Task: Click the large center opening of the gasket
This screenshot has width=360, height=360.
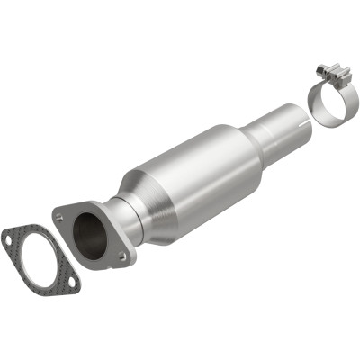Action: click(38, 262)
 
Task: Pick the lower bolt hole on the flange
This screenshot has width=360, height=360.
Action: click(121, 258)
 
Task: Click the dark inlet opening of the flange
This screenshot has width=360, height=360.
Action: click(90, 235)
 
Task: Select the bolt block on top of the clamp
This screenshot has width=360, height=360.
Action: click(330, 71)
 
